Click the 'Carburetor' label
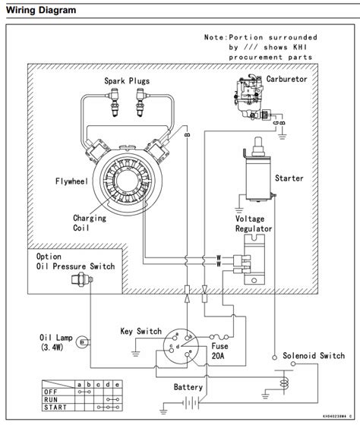(x=289, y=77)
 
